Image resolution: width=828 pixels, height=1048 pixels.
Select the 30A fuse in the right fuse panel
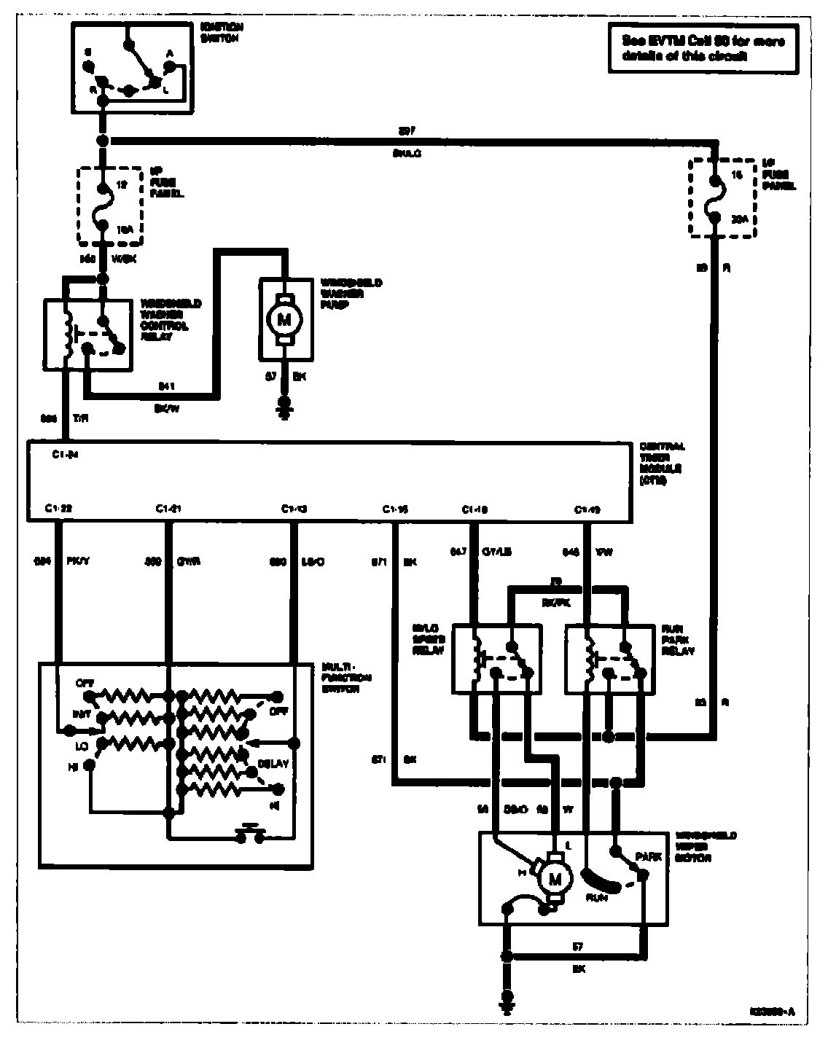click(716, 198)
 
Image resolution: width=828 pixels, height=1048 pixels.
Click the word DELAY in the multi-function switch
click(273, 764)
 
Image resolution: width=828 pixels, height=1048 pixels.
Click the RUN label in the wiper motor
click(598, 899)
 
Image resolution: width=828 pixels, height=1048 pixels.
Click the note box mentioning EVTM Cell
click(703, 48)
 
